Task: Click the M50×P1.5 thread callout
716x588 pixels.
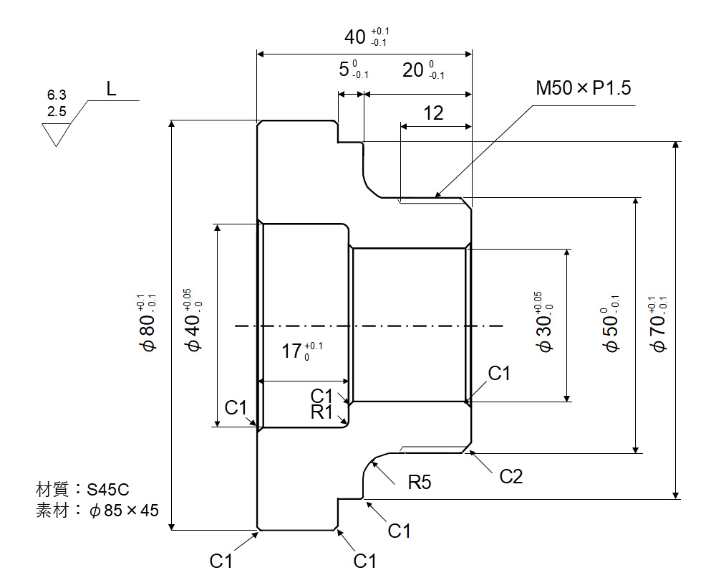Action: coord(584,89)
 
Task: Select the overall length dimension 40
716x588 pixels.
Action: coord(356,37)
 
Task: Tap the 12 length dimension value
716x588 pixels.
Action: coord(433,113)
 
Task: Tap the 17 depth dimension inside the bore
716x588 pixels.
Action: coord(291,351)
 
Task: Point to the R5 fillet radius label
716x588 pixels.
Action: coord(420,482)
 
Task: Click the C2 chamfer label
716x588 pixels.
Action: coord(511,476)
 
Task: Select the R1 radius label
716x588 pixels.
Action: coord(322,412)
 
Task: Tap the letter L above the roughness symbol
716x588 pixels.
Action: coord(111,90)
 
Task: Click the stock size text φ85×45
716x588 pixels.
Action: coord(123,511)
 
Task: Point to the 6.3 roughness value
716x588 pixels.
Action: coord(57,95)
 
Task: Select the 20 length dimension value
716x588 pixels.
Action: coord(413,70)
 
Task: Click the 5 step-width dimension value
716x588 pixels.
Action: coord(345,70)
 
